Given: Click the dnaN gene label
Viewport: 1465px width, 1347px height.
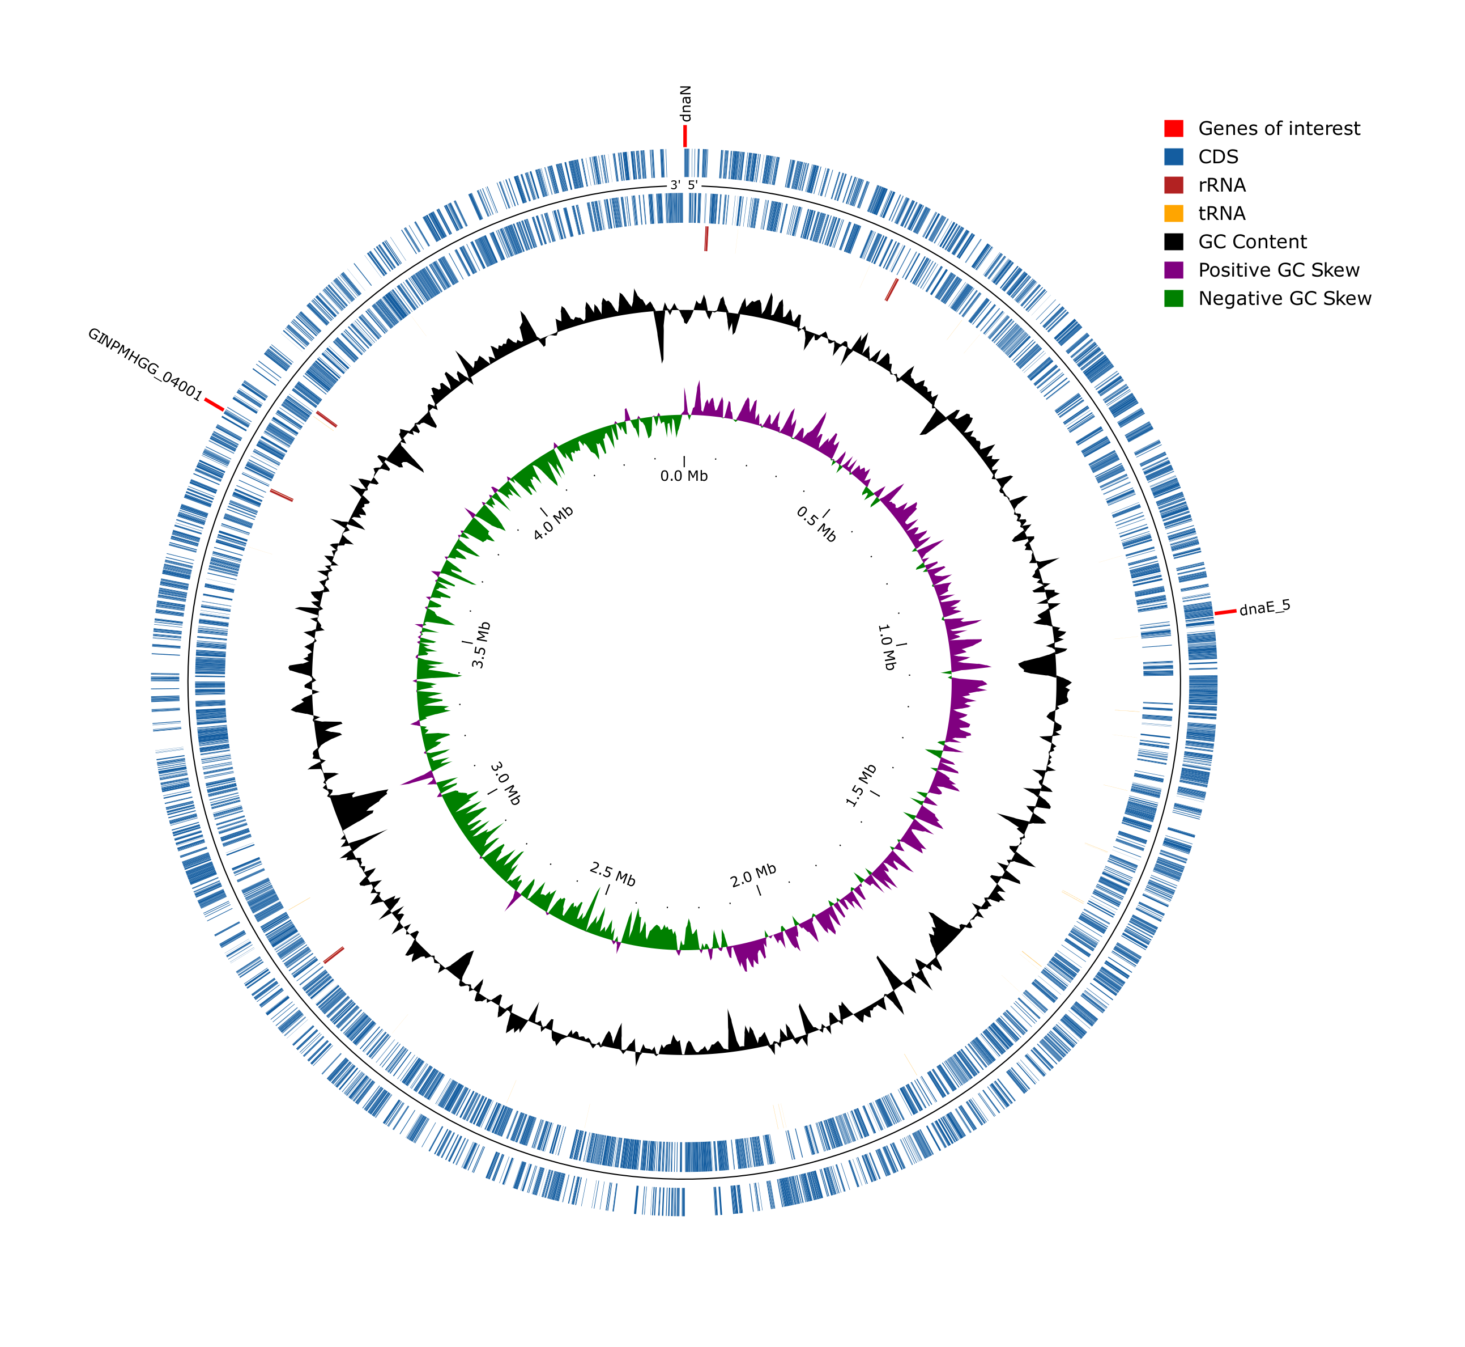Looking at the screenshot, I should (685, 104).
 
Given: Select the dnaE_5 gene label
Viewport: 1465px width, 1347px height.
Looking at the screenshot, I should (1264, 607).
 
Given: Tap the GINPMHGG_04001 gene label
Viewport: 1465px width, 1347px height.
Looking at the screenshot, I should (144, 365).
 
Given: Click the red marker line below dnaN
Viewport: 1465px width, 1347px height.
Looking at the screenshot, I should (685, 136).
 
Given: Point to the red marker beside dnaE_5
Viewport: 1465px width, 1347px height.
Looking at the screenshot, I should (1225, 612).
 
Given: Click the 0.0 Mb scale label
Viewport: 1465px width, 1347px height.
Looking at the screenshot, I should (683, 476).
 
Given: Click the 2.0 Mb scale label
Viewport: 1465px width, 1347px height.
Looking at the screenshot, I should (753, 875).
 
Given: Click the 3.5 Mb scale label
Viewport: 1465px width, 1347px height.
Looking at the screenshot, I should (481, 645).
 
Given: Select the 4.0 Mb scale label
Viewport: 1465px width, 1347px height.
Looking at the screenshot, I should (553, 523).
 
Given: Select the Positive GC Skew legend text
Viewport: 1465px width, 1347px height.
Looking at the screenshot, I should (1279, 270).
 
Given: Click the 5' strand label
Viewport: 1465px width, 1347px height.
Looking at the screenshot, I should (693, 185).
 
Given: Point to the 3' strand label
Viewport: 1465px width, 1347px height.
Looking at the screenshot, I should (675, 185).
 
